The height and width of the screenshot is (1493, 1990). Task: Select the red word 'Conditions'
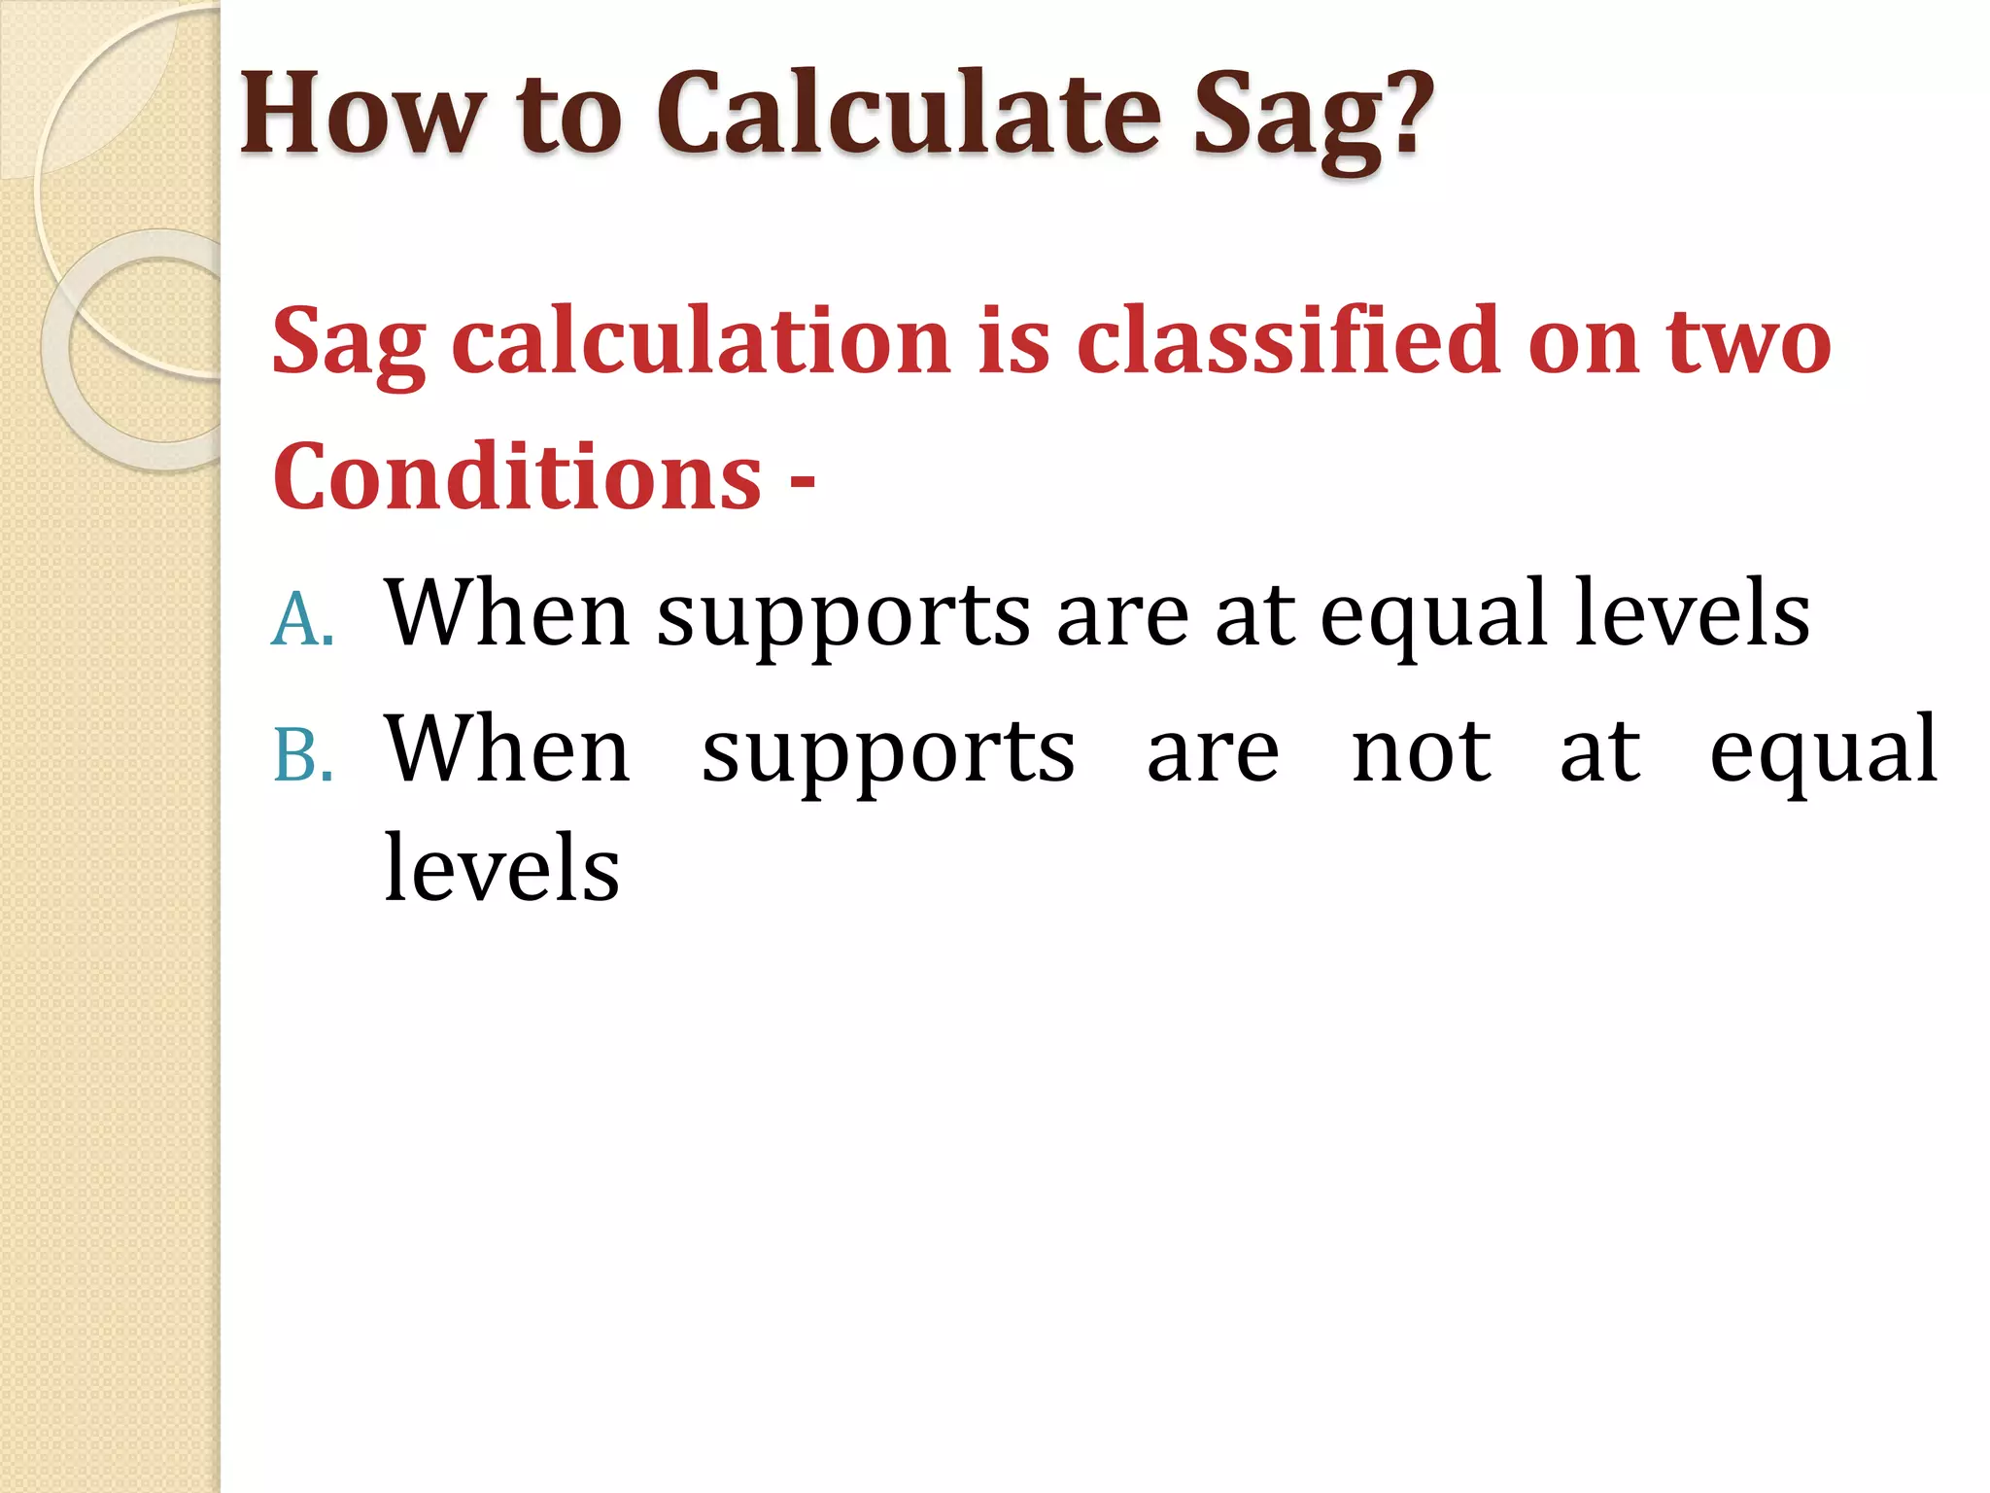tap(517, 476)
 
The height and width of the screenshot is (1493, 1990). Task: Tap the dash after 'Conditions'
tap(803, 480)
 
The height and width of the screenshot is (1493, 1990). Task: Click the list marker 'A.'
tap(302, 619)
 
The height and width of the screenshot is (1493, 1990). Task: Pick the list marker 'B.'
tap(303, 755)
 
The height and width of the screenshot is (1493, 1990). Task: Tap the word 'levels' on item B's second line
tap(501, 867)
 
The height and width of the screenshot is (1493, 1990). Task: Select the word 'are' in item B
tap(1213, 753)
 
